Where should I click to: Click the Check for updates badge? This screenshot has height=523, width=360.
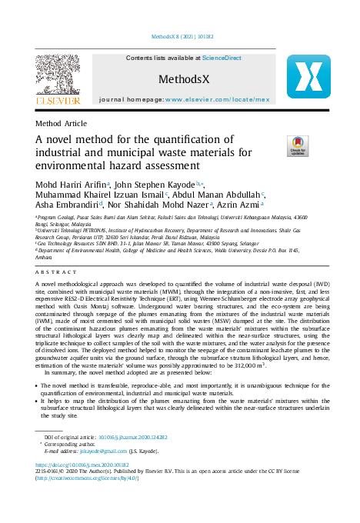pyautogui.click(x=297, y=145)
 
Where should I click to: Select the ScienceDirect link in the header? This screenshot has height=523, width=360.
pyautogui.click(x=222, y=58)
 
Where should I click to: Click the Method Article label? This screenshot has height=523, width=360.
pyautogui.click(x=62, y=123)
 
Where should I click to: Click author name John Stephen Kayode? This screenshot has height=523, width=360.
pyautogui.click(x=152, y=185)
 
